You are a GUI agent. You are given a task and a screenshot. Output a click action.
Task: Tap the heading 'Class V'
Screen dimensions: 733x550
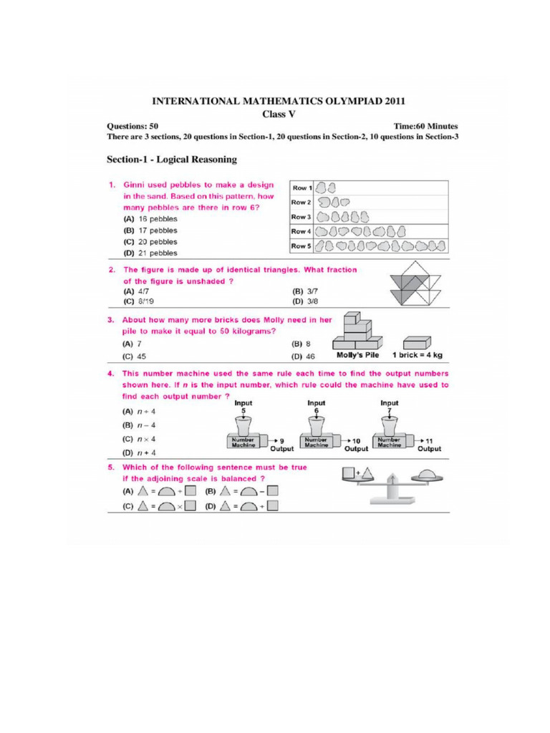pos(276,113)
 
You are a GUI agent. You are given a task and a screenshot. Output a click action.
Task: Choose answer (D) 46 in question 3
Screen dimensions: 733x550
pos(299,356)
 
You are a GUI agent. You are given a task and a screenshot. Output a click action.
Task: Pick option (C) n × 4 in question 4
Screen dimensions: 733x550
pos(137,438)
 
